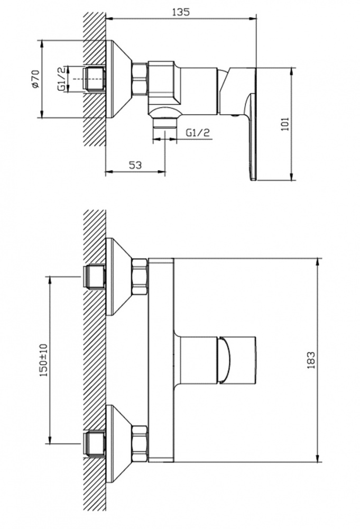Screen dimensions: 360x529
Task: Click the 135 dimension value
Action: [181, 12]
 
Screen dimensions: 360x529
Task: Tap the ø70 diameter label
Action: [35, 79]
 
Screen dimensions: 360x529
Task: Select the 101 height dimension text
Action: [285, 124]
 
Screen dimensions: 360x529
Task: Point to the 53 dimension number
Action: [135, 165]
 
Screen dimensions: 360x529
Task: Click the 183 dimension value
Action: [311, 360]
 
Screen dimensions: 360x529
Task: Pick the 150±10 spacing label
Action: [44, 360]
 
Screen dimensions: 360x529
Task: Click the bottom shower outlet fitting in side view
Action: [165, 122]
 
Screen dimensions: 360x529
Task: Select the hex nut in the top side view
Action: [140, 79]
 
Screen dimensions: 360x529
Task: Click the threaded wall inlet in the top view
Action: [94, 79]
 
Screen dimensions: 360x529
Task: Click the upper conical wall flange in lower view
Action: [118, 277]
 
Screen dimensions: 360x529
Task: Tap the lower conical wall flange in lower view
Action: [118, 444]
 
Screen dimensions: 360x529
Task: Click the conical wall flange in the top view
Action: [118, 79]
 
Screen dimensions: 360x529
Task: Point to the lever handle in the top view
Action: [240, 122]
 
